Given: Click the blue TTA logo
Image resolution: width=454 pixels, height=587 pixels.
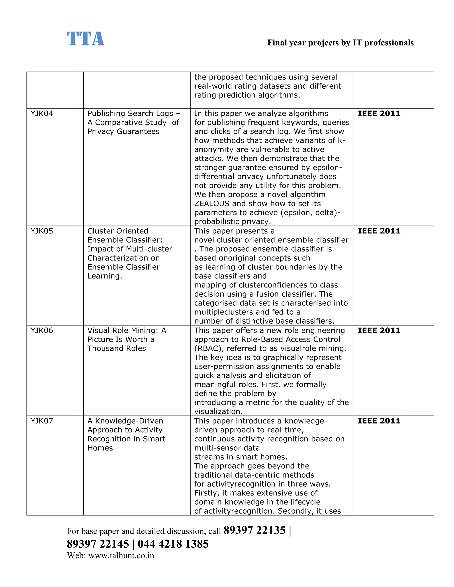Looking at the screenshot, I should coord(85,39).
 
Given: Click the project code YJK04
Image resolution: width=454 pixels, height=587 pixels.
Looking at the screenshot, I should coord(42,113).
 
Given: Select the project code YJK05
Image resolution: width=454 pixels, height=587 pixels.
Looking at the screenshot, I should coord(42,231).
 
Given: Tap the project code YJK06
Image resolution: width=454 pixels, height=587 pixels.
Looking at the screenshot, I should coord(42,330).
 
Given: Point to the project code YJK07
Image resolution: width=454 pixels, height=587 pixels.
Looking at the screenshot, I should coord(42,421).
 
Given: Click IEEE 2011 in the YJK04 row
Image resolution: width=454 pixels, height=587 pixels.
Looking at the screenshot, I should coord(379,113).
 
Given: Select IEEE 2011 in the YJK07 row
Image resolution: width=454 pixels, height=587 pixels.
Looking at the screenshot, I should coord(379,421).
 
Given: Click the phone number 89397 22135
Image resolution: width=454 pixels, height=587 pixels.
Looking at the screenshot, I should coord(254,530).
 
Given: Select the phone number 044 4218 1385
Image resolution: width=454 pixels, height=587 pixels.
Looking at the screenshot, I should coord(173,544).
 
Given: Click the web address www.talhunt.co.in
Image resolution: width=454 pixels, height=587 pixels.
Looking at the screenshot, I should coord(121,556).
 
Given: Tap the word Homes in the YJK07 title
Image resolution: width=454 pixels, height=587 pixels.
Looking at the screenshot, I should coord(100,448).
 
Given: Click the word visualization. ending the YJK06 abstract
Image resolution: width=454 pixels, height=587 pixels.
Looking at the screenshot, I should coord(218,412).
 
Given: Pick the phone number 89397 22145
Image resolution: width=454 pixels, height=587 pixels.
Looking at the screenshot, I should coord(98,544).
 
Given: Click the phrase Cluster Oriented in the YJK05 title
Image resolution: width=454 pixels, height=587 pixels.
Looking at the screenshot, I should coord(118,231).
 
